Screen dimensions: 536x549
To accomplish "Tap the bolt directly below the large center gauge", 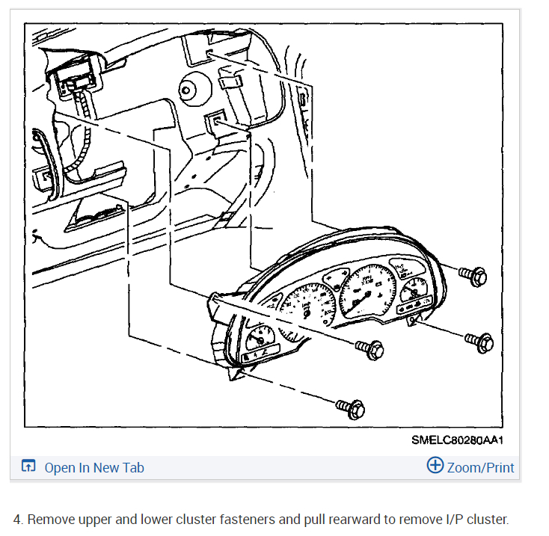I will (370, 348).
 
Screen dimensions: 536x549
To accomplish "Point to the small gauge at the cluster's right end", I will (412, 289).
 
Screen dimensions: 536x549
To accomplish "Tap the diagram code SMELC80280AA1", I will (456, 440).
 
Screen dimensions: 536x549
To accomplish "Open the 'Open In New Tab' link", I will (94, 468).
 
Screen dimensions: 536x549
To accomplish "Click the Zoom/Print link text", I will (480, 468).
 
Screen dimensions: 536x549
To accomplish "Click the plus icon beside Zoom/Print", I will (435, 466).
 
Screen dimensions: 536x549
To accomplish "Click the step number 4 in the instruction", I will (17, 520).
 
